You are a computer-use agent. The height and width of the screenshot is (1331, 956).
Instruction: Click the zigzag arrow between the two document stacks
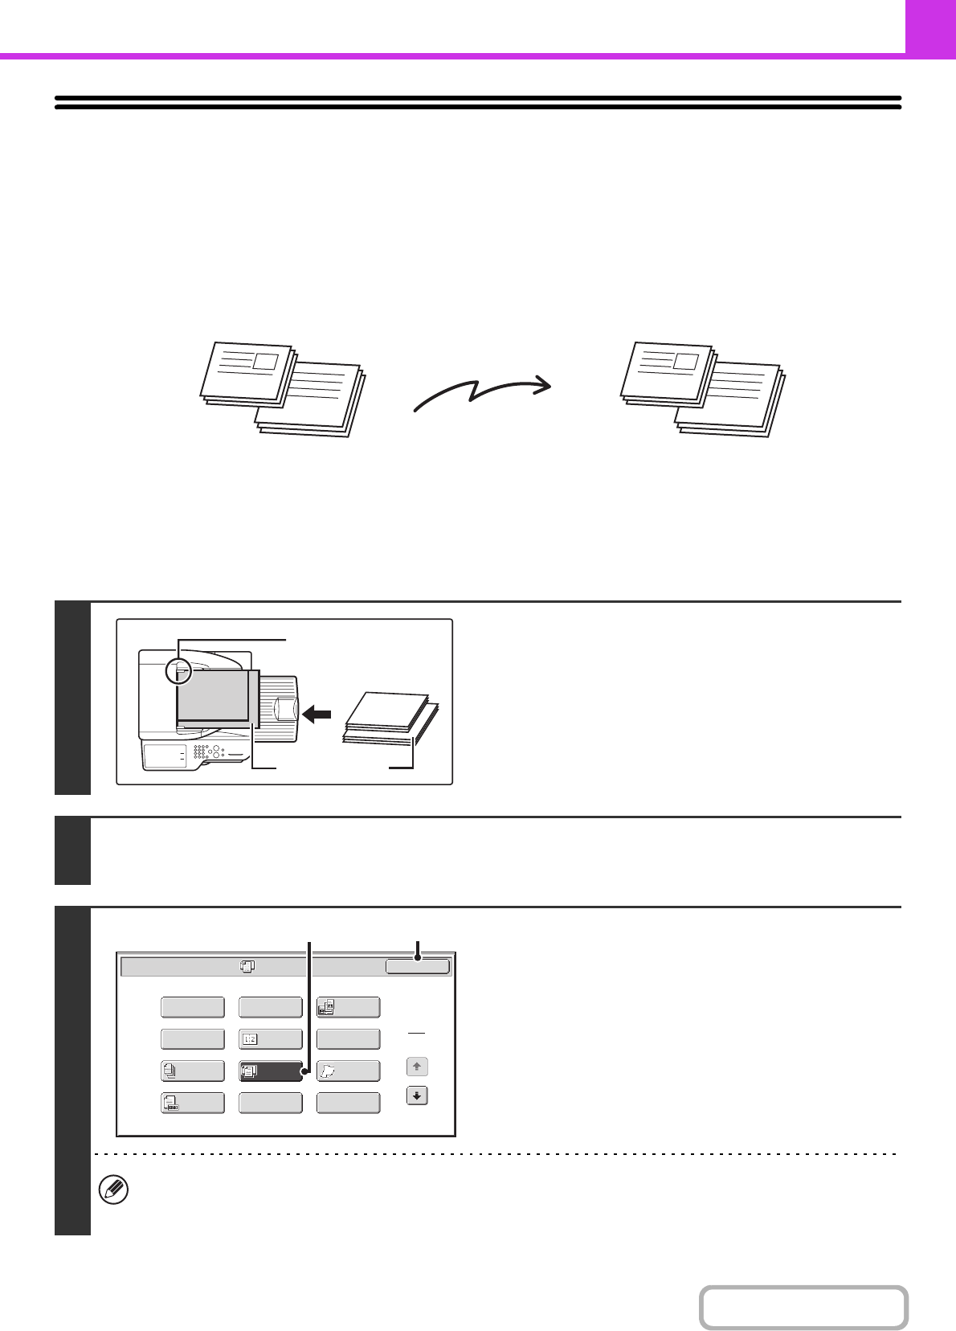tap(482, 393)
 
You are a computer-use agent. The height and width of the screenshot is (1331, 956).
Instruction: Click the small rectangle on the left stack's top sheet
tap(265, 362)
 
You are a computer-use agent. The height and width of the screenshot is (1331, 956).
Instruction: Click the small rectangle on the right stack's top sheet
tap(685, 361)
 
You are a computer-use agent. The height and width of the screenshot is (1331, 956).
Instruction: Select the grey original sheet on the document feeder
tap(213, 695)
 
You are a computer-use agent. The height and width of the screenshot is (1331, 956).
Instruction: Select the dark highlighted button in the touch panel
tap(271, 1071)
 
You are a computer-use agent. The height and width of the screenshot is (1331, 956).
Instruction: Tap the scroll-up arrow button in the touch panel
tap(416, 1067)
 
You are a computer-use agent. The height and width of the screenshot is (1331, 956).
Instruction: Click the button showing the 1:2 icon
tap(271, 1039)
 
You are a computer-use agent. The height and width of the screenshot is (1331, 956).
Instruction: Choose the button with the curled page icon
tap(348, 1071)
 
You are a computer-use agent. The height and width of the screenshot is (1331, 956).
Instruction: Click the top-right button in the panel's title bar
tap(417, 966)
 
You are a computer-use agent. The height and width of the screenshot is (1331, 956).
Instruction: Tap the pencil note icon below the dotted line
tap(113, 1190)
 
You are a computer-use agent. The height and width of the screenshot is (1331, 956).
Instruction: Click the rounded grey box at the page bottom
tap(803, 1308)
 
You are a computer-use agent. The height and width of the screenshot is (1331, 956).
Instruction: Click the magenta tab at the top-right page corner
tap(930, 27)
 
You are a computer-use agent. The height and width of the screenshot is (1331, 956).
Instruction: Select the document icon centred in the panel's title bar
tap(247, 967)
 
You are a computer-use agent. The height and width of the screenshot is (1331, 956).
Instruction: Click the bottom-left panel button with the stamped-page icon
tap(193, 1103)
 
